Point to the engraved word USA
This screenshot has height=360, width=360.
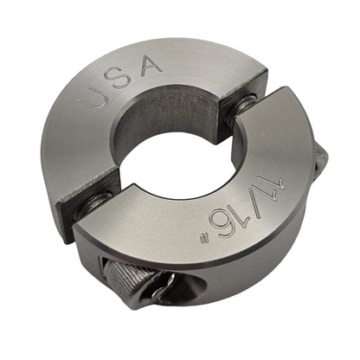click(120, 80)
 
